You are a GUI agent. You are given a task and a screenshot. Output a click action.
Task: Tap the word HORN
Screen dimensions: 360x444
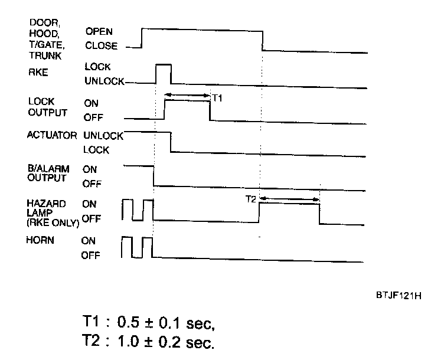click(x=39, y=241)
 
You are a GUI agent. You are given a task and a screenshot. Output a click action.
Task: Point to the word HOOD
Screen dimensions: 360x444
click(x=40, y=34)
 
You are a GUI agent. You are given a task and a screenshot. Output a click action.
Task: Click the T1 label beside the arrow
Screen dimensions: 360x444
click(x=217, y=99)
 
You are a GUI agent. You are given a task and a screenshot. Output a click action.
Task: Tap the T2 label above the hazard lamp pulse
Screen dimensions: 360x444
click(x=252, y=199)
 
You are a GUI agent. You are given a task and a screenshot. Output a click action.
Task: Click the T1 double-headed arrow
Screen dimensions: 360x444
click(x=187, y=94)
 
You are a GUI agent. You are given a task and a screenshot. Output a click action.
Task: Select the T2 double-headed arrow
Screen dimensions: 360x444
click(x=289, y=199)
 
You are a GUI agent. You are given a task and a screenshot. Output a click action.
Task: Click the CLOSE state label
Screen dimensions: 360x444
click(x=101, y=45)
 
